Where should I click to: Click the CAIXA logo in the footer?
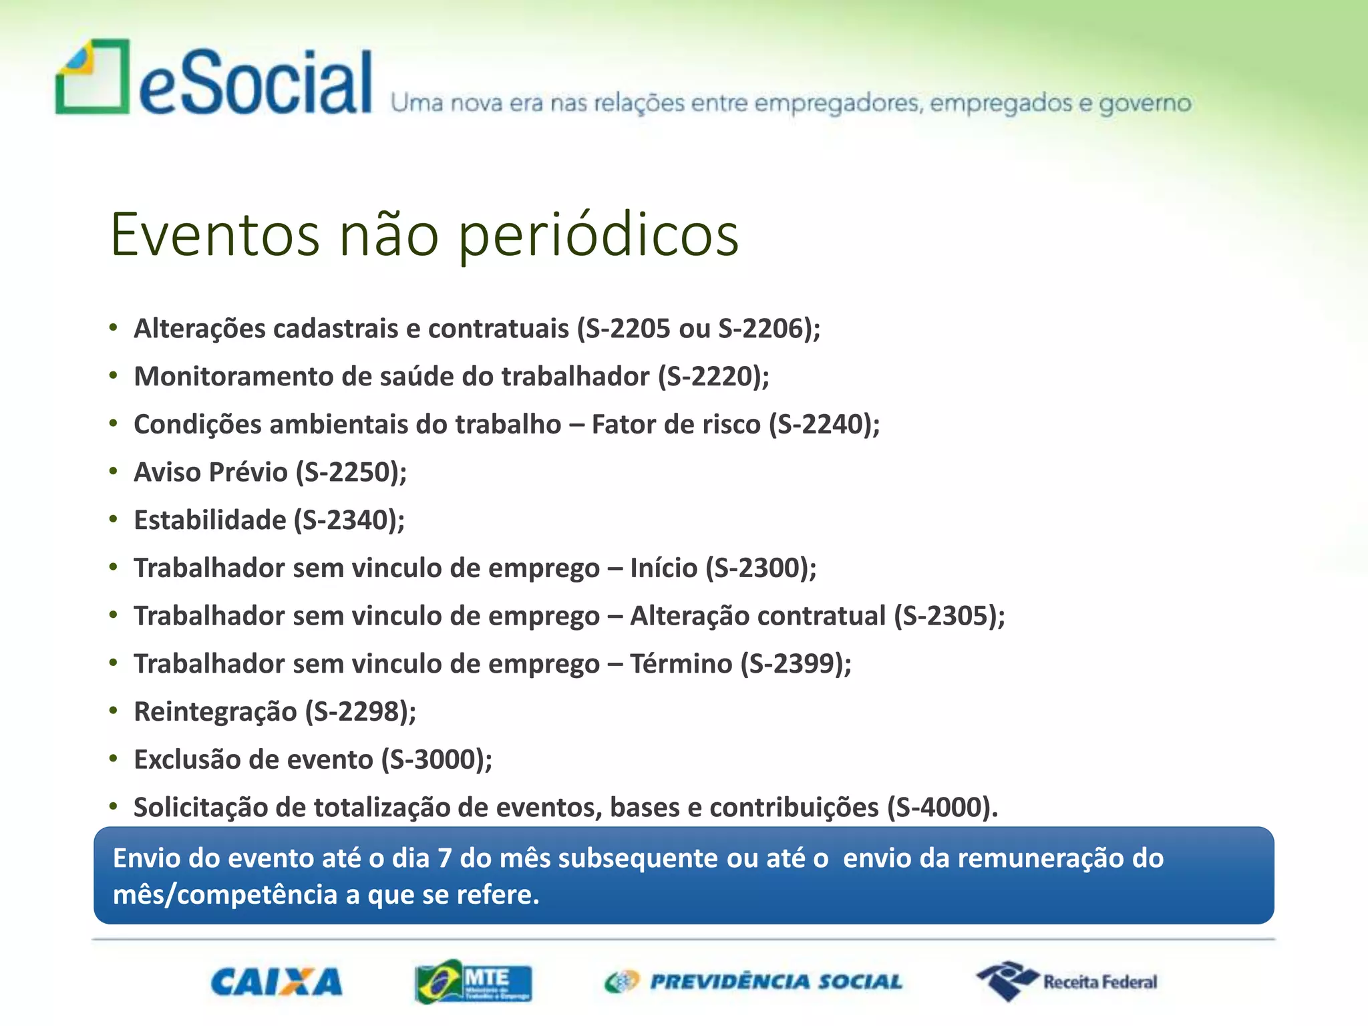click(277, 982)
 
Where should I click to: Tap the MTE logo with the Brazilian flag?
click(473, 982)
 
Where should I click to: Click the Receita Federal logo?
click(1067, 981)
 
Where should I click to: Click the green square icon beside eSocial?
click(92, 77)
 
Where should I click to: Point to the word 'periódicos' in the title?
click(598, 234)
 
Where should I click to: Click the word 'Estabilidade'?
click(210, 520)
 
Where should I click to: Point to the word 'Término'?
click(681, 664)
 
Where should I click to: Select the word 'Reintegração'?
click(215, 712)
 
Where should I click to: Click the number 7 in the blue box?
click(444, 858)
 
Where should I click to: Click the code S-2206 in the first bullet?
click(760, 329)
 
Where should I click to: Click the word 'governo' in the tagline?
click(1145, 104)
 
